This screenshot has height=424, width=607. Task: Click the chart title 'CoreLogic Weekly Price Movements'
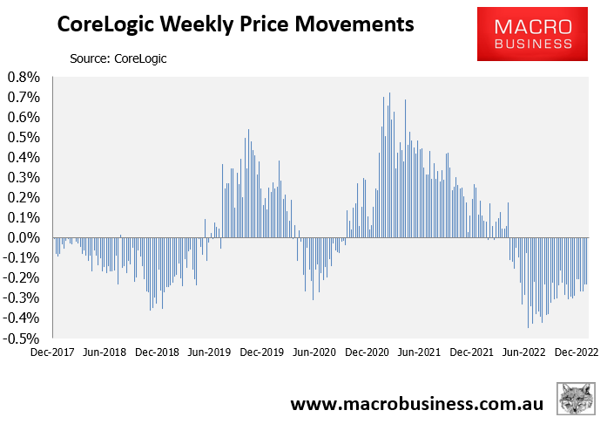point(234,26)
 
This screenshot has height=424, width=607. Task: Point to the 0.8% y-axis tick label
point(24,78)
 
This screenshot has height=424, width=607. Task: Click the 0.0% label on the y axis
point(24,238)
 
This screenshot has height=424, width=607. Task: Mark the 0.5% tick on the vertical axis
point(24,138)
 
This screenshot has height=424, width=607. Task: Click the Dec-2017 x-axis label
point(52,353)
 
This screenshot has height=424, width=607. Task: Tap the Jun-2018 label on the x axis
point(105,353)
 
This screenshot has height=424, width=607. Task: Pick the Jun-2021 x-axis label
point(419,353)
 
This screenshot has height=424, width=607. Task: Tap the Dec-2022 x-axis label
point(576,353)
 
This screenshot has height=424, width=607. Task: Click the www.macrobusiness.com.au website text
point(416,403)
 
